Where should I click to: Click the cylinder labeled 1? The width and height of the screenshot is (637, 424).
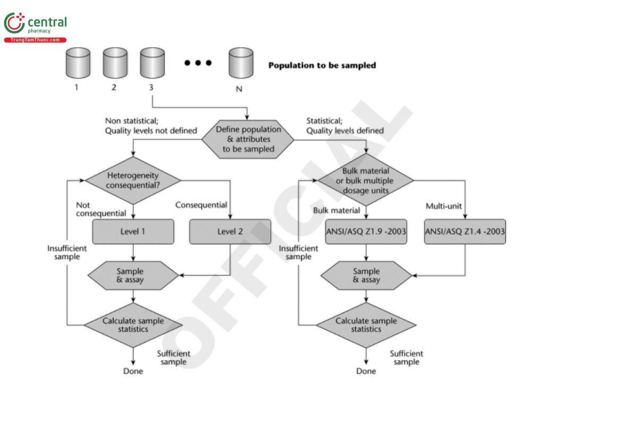pyautogui.click(x=78, y=63)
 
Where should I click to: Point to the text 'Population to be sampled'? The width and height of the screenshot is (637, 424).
pyautogui.click(x=322, y=66)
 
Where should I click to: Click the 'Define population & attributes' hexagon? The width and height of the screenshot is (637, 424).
pyautogui.click(x=248, y=139)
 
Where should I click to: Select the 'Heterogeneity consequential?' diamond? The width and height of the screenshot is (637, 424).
pyautogui.click(x=133, y=180)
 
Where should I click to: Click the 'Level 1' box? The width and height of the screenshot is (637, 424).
pyautogui.click(x=133, y=232)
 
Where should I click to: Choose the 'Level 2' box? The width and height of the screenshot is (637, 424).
pyautogui.click(x=230, y=232)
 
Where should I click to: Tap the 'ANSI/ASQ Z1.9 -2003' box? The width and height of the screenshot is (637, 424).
pyautogui.click(x=366, y=232)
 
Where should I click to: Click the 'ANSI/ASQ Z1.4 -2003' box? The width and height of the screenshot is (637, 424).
pyautogui.click(x=465, y=232)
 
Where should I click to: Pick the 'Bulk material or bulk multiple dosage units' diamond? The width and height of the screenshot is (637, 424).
pyautogui.click(x=366, y=180)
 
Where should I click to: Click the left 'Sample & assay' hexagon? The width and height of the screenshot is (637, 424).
pyautogui.click(x=131, y=276)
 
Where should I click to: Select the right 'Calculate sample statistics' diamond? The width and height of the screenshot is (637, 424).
pyautogui.click(x=366, y=325)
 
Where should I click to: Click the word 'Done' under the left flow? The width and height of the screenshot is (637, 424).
pyautogui.click(x=133, y=371)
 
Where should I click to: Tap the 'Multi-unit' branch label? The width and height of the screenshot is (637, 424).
pyautogui.click(x=443, y=206)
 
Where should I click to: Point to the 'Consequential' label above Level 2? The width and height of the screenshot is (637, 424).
pyautogui.click(x=201, y=205)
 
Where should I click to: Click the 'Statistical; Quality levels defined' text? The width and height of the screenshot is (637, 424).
pyautogui.click(x=345, y=126)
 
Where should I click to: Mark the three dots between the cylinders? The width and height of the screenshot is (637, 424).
pyautogui.click(x=198, y=63)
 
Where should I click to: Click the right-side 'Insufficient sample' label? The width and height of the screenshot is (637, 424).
pyautogui.click(x=298, y=252)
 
